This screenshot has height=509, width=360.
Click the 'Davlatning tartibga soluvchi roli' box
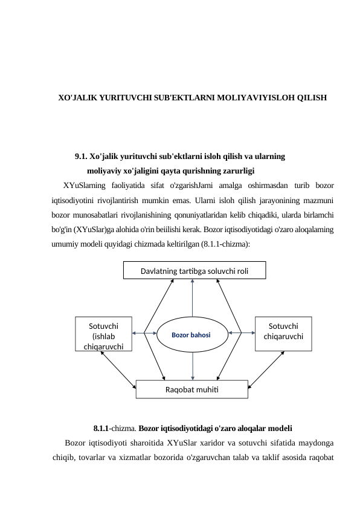point(194,271)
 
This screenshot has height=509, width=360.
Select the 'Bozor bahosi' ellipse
point(191,333)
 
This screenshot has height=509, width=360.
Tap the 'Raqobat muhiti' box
point(192,389)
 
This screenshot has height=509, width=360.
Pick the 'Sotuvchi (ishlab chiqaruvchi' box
point(103,334)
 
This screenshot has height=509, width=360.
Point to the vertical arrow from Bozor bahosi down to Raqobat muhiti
point(192,365)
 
